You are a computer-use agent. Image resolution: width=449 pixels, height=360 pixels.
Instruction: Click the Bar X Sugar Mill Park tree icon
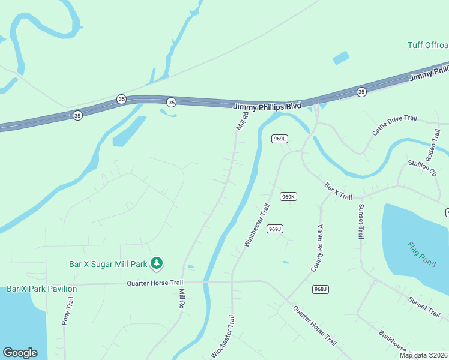coord(157,263)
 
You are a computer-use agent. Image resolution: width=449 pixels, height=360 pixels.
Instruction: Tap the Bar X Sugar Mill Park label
coord(109,263)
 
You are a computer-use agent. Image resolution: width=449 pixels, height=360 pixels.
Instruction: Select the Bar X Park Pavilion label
coord(42,289)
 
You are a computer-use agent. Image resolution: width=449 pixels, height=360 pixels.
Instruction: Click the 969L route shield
coord(280,139)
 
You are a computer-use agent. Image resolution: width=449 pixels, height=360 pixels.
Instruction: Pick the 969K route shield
coord(289,197)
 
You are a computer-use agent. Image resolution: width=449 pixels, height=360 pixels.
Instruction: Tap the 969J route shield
coord(276,229)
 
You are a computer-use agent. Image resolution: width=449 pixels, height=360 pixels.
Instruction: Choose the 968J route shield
coord(321,289)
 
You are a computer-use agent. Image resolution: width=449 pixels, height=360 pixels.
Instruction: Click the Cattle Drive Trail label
coord(394,125)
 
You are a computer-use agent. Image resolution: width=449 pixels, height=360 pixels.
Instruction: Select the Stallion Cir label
coord(421,167)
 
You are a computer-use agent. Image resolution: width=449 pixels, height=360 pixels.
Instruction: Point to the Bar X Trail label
coord(339,191)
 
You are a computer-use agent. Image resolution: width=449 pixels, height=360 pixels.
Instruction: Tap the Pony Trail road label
coord(67,311)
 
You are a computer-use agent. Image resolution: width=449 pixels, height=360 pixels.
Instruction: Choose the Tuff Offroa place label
coord(427,45)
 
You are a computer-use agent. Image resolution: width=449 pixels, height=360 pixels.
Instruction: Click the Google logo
coord(20,353)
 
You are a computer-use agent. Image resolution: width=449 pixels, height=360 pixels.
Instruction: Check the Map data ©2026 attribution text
coord(424,355)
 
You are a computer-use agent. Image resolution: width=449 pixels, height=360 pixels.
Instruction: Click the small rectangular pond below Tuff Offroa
coord(340,58)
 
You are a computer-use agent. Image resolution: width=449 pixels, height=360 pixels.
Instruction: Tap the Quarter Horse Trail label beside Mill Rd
coord(154,283)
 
